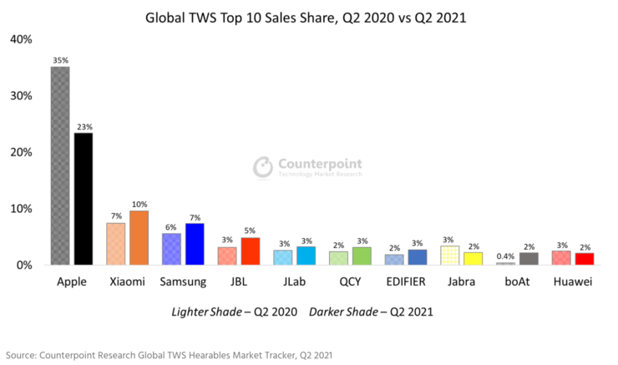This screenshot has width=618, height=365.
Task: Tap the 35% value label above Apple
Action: click(x=60, y=61)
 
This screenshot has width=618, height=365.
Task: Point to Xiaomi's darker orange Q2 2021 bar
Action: click(x=139, y=237)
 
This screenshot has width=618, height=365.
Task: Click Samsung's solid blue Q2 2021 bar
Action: click(x=195, y=244)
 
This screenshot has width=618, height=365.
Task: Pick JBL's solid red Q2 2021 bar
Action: click(x=251, y=251)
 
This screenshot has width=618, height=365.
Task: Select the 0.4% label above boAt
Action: click(x=506, y=256)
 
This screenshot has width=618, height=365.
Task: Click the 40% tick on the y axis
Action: click(x=21, y=39)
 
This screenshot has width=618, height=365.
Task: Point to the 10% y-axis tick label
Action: click(x=21, y=209)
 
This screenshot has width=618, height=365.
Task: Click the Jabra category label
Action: click(x=462, y=282)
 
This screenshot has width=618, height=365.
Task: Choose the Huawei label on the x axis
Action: click(x=573, y=282)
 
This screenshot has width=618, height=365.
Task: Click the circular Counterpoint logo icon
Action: click(x=263, y=165)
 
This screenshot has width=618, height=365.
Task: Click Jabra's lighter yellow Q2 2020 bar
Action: click(x=451, y=256)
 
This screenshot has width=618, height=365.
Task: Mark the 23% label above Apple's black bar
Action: click(x=83, y=127)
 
